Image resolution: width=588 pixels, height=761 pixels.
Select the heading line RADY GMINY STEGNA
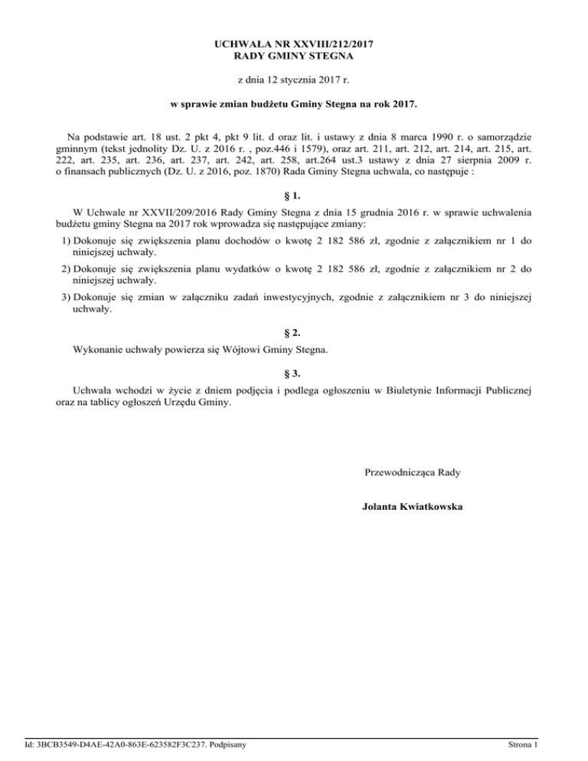294,56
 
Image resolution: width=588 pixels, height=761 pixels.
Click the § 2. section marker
294,334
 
